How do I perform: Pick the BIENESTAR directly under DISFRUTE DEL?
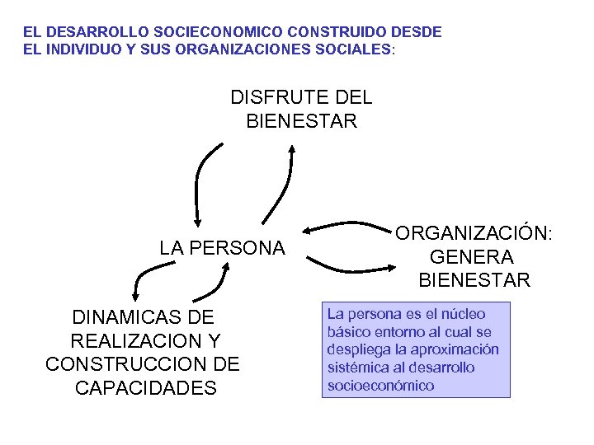302,122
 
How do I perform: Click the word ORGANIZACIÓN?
474,233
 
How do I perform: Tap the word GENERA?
474,257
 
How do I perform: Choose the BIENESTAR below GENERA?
474,281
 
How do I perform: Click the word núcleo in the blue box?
464,314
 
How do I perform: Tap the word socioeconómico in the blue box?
380,386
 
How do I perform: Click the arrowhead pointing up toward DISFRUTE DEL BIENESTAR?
292,150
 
